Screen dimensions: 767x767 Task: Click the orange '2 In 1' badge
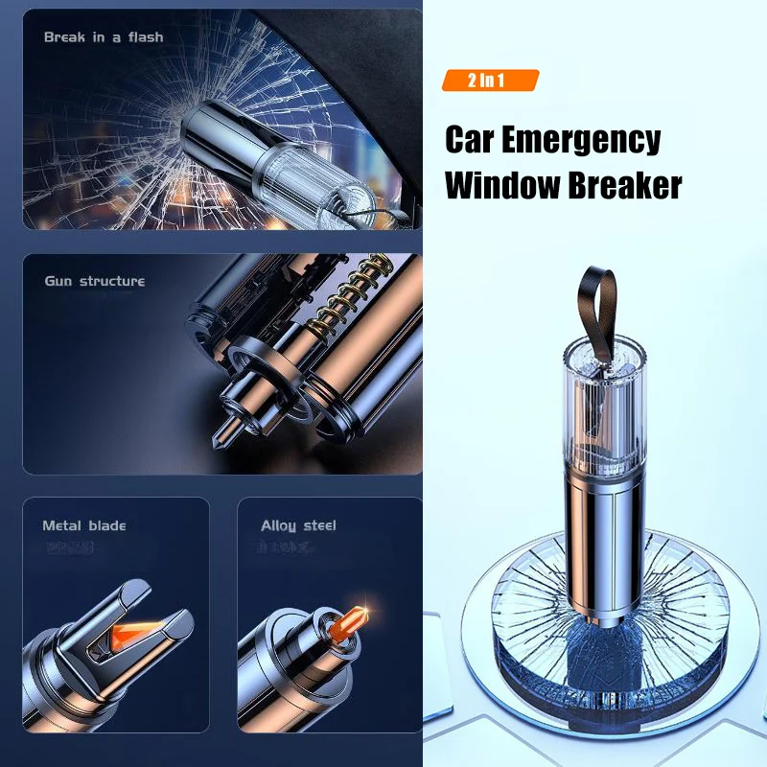pos(490,80)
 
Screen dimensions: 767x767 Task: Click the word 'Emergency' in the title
pos(579,140)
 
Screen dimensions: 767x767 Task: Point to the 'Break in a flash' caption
pos(104,37)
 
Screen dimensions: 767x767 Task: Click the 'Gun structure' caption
pos(94,281)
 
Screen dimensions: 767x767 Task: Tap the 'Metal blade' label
pos(83,525)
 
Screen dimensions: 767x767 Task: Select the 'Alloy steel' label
pos(298,525)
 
